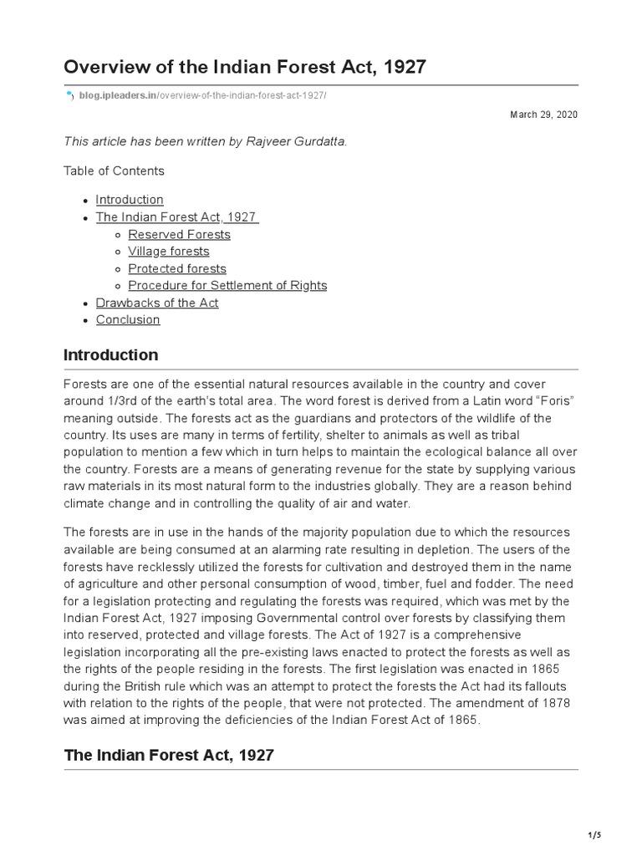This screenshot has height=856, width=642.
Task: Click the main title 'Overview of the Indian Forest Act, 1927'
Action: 245,67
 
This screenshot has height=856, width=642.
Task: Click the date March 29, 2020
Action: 543,114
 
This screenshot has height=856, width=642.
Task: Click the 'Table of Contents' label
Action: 114,171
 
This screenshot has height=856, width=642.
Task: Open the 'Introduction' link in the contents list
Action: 130,199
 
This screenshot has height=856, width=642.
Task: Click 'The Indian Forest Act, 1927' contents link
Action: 176,217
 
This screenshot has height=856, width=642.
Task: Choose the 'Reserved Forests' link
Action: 179,234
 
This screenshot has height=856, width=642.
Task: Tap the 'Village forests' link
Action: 168,251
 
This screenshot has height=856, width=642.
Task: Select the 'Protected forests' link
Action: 176,268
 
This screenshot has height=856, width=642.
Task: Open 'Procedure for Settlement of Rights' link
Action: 227,285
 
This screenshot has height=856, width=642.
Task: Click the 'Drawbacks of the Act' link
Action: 157,303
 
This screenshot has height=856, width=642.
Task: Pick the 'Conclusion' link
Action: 128,319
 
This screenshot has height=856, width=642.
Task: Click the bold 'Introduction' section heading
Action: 110,355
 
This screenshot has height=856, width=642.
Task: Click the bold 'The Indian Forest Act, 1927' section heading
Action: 169,755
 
